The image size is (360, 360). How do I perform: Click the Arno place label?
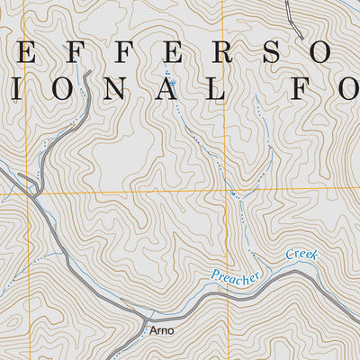[x=162, y=330]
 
